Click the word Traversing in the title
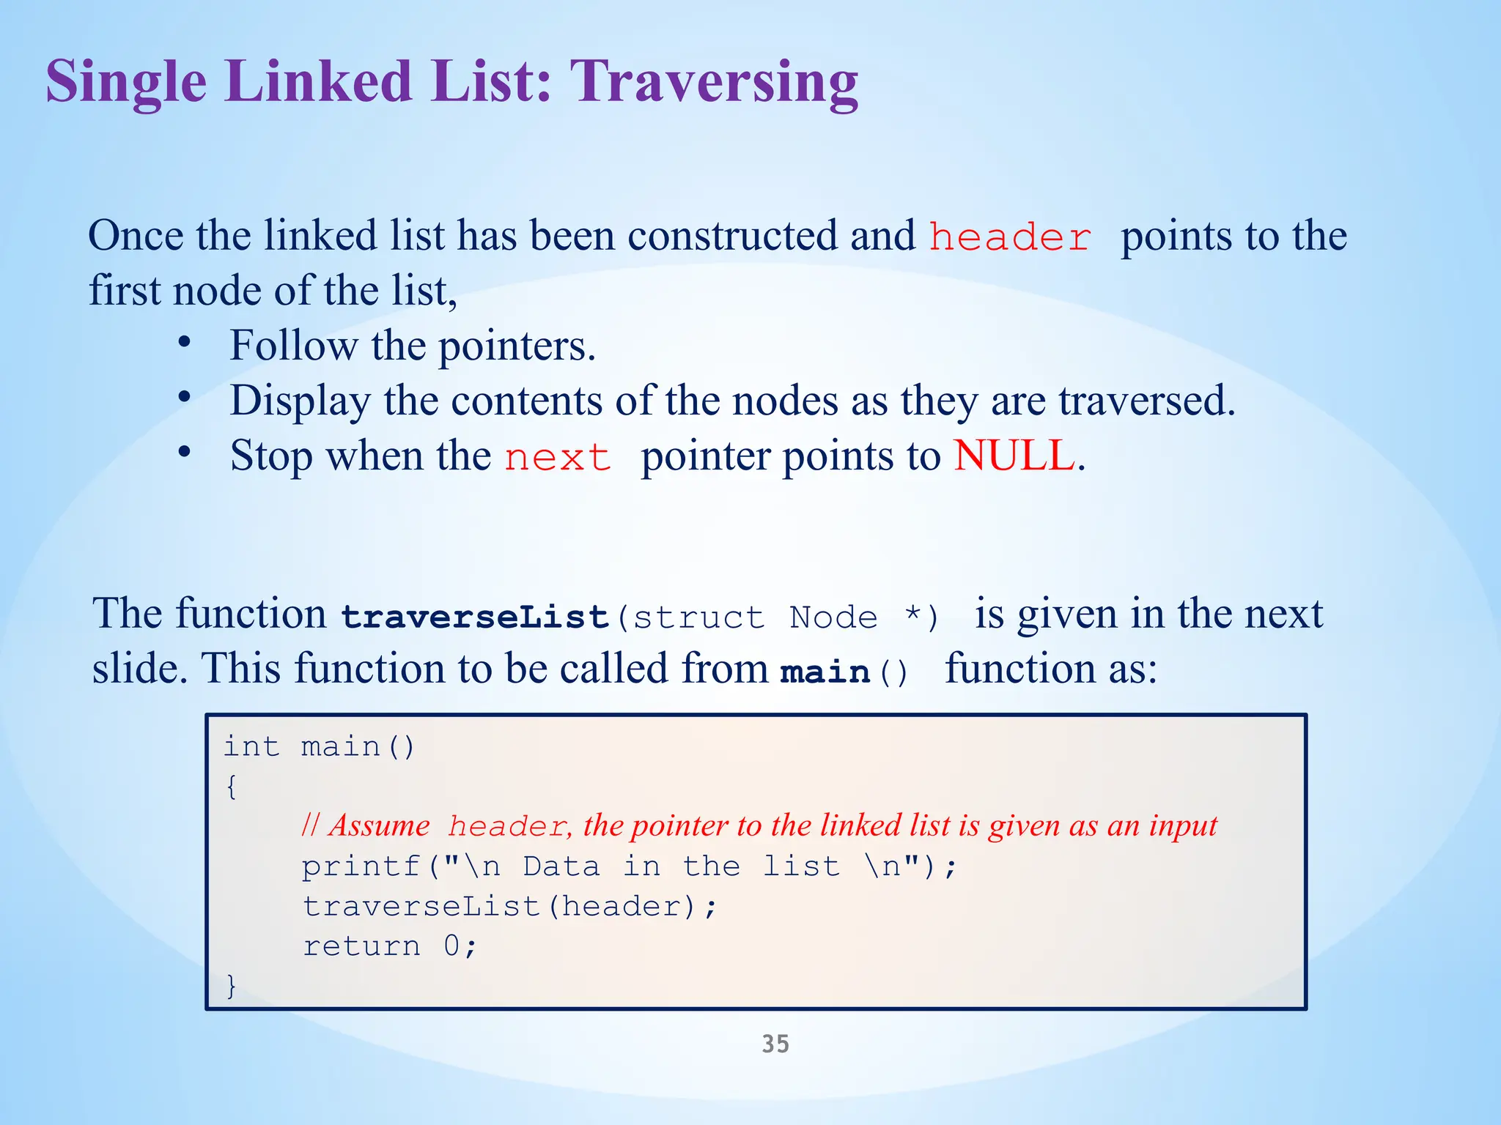pyautogui.click(x=713, y=82)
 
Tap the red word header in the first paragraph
pyautogui.click(x=1010, y=238)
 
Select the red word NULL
pyautogui.click(x=1014, y=456)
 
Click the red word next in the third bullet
pyautogui.click(x=558, y=458)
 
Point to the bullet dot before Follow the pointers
pyautogui.click(x=185, y=342)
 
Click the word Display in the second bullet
pyautogui.click(x=300, y=401)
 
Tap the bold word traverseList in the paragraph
pyautogui.click(x=475, y=617)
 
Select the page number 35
pyautogui.click(x=775, y=1044)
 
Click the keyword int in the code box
pyautogui.click(x=251, y=747)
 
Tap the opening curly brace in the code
pyautogui.click(x=232, y=787)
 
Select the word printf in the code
pyautogui.click(x=361, y=867)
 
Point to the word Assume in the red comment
pyautogui.click(x=379, y=826)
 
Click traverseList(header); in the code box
pyautogui.click(x=509, y=907)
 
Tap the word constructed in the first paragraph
pyautogui.click(x=732, y=236)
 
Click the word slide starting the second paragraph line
pyautogui.click(x=136, y=669)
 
